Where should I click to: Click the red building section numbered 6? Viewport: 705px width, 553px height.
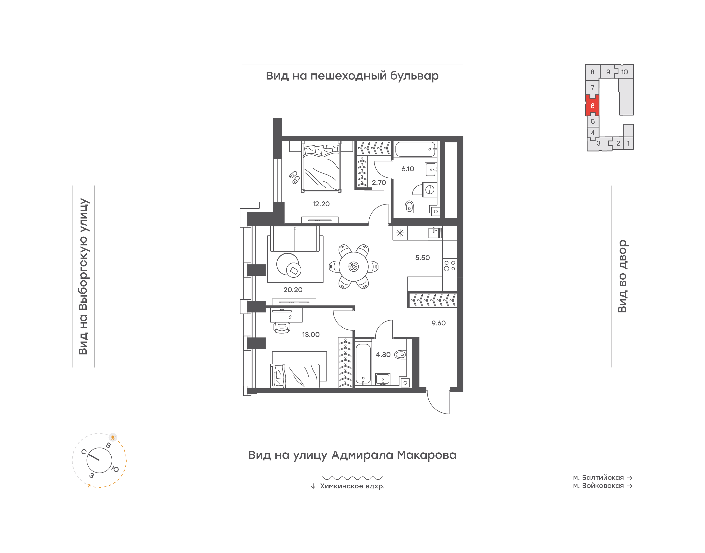click(x=592, y=105)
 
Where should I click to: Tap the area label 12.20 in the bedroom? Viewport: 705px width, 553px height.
click(x=321, y=204)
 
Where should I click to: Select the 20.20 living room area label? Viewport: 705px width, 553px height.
click(x=293, y=290)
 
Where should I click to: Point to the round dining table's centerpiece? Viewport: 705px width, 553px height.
click(x=353, y=266)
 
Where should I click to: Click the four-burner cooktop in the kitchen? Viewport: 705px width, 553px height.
click(x=449, y=266)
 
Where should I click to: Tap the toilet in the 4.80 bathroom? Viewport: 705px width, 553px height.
click(x=400, y=355)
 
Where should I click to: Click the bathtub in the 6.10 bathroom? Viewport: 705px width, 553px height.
click(x=415, y=149)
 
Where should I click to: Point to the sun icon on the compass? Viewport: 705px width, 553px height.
click(x=113, y=437)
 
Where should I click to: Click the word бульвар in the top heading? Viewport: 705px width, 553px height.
click(x=414, y=76)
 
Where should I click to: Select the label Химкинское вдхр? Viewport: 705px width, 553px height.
click(x=352, y=486)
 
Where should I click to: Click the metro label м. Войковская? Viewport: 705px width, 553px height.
click(x=598, y=486)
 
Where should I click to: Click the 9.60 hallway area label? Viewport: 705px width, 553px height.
click(x=438, y=323)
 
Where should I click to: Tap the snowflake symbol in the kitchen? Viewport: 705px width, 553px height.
click(x=400, y=233)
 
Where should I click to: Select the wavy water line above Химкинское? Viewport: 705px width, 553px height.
click(x=352, y=478)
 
